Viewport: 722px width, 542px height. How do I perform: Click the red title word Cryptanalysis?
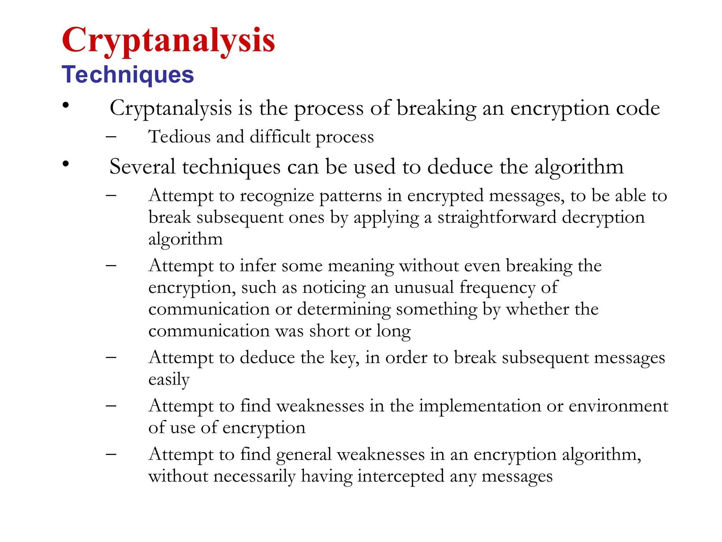coord(168,41)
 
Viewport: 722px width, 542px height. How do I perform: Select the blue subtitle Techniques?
coord(128,75)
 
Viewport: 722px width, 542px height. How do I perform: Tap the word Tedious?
coord(179,137)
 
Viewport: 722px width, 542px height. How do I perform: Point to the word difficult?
coord(280,137)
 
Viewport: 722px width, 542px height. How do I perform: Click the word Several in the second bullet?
coord(142,167)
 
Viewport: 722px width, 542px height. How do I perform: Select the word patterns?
coord(350,196)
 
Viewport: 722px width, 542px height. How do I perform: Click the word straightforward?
coord(497,217)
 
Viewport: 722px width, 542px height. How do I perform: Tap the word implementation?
coord(480,406)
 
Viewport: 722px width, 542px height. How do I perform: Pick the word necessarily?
coord(254,477)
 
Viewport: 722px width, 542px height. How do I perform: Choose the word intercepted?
coord(400,477)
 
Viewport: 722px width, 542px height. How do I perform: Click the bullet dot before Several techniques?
coord(66,163)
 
